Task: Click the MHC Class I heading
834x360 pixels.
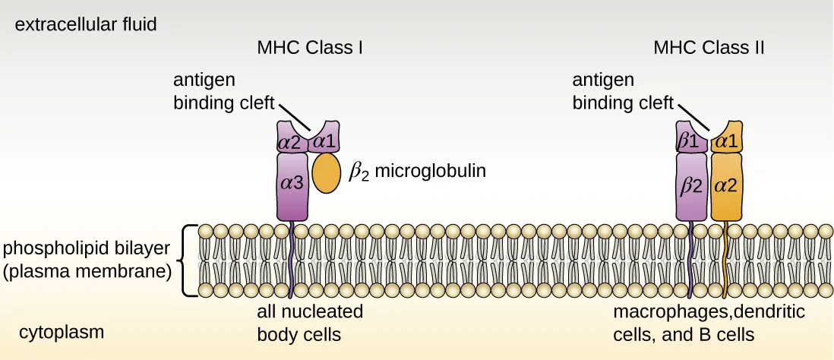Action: [310, 48]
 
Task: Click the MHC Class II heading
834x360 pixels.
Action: [709, 48]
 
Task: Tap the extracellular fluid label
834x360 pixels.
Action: [86, 24]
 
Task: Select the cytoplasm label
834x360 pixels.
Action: [62, 332]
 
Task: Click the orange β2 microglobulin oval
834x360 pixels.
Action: [327, 172]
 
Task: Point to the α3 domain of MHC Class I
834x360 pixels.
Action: [292, 185]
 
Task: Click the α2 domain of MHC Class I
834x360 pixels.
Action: [290, 141]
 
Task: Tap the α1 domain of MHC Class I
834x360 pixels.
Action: [324, 140]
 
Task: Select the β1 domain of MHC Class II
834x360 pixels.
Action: [690, 140]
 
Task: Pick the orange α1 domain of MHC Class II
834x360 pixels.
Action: [727, 139]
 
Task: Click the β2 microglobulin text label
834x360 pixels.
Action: [416, 172]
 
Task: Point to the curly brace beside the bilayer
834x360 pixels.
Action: [190, 261]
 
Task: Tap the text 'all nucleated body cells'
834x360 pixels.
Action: [310, 322]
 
